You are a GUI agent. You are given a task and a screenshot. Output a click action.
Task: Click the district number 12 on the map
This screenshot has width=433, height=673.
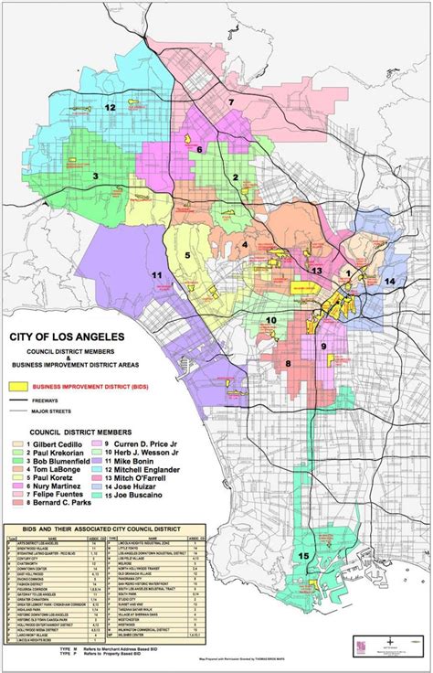111,107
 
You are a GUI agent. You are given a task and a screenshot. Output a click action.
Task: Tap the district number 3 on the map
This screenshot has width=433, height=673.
95,176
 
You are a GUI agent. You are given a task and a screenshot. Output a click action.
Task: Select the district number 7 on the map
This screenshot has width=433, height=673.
232,102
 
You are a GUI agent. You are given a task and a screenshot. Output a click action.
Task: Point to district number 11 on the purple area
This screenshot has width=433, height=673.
157,275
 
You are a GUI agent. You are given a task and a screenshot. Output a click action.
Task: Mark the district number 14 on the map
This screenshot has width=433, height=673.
390,282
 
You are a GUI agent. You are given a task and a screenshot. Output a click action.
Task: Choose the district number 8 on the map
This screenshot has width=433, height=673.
288,363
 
